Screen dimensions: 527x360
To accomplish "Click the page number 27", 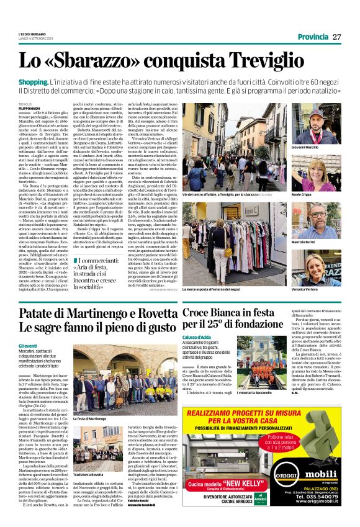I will [336, 37].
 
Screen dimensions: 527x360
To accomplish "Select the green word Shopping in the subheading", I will [33, 83].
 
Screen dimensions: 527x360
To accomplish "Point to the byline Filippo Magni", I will [29, 107].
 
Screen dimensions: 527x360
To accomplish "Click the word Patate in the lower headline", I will [39, 313].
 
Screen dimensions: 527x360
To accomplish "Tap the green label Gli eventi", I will [28, 346].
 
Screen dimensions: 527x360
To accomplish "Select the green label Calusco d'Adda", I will [197, 338].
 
